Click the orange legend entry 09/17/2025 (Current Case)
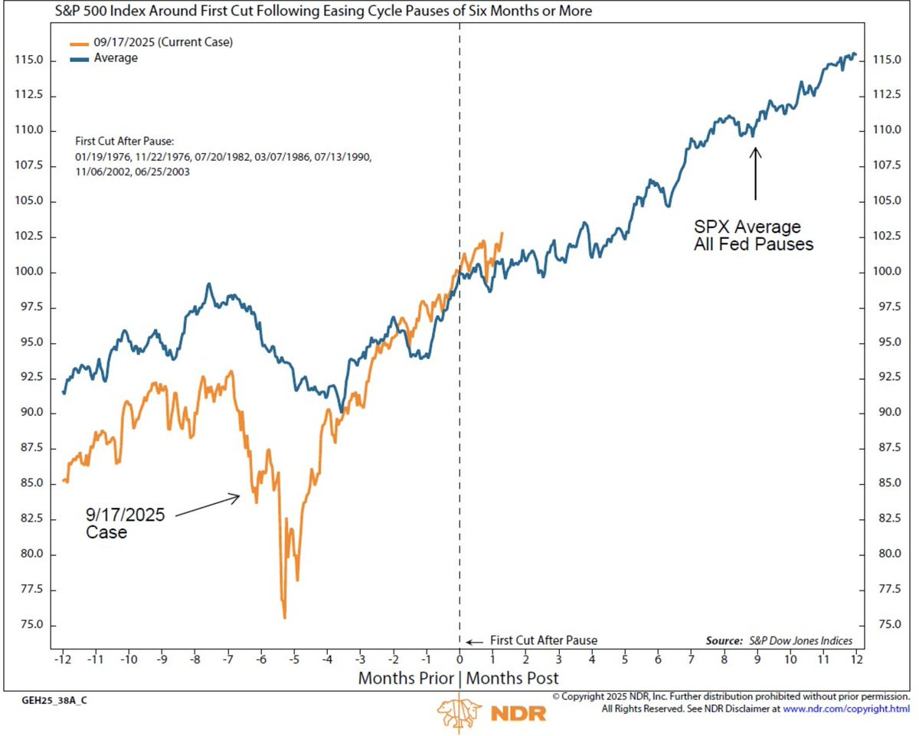coord(163,43)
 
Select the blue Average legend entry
coord(116,58)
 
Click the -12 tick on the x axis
coord(62,659)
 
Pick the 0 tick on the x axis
coord(459,659)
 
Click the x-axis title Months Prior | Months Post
coord(458,678)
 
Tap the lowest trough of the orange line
coord(284,617)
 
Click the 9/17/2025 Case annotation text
coord(124,523)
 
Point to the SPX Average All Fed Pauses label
coord(747,237)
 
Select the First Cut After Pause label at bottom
coord(542,641)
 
